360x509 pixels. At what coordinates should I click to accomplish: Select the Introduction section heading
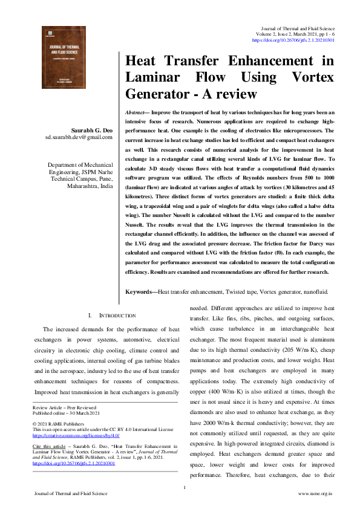113,316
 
